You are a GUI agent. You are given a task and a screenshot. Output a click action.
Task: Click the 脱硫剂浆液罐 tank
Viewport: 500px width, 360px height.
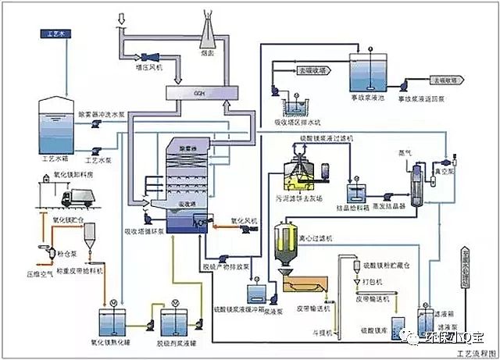[178, 322]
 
